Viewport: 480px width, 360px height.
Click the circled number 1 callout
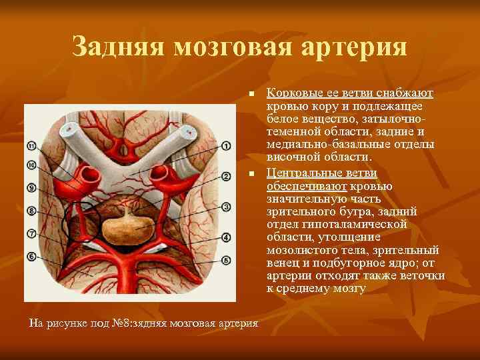226,145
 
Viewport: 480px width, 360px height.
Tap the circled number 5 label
226,260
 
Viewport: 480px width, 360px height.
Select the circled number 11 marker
31,146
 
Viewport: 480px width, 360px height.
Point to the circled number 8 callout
31,211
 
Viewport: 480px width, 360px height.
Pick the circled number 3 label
226,207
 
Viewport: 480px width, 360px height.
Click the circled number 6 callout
31,256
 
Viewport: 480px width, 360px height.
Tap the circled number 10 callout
31,165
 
